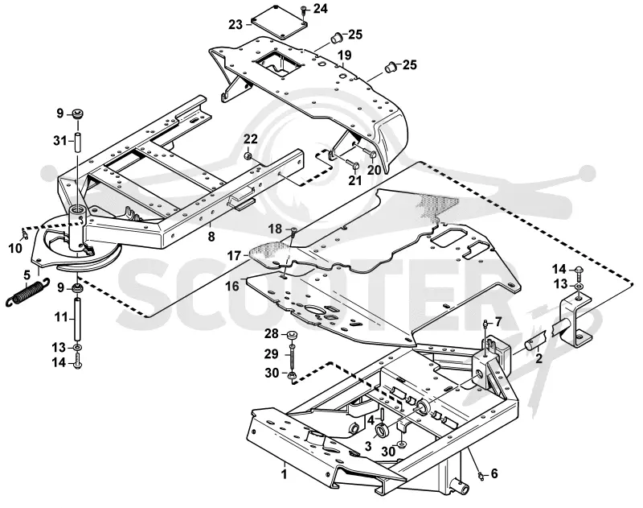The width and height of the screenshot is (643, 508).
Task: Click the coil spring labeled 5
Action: coord(27,292)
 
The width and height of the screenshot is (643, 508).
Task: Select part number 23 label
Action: coord(235,25)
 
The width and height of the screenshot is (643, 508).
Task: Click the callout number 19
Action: coord(345,55)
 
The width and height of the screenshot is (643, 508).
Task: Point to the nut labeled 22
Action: coord(248,156)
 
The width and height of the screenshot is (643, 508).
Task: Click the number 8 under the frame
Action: coord(211,237)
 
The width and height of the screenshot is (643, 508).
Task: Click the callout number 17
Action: coord(234,256)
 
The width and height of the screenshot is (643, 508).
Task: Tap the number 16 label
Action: coord(232,286)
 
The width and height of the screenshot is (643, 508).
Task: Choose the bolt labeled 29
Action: coord(292,353)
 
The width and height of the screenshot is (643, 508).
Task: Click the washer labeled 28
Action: coord(291,336)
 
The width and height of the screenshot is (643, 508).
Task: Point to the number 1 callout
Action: coord(284,474)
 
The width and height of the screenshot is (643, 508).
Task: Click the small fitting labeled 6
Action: coord(480,476)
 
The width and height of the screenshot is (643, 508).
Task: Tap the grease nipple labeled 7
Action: coord(485,324)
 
